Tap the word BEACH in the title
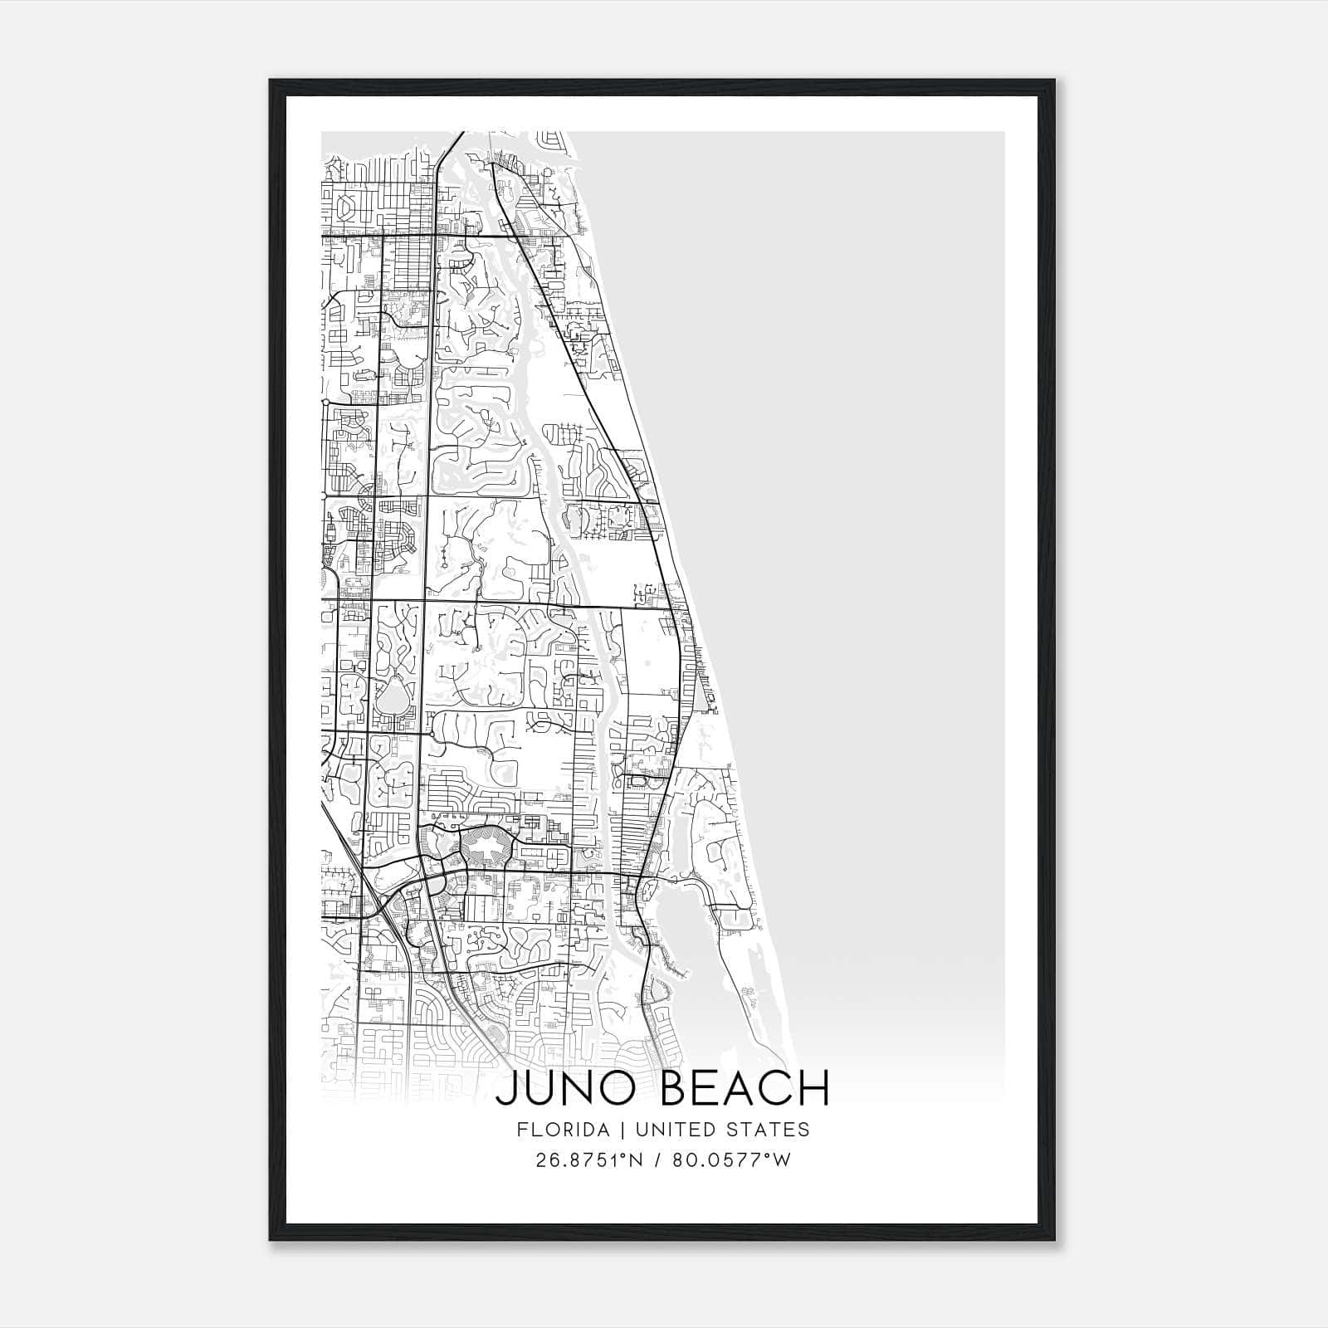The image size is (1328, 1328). [745, 1088]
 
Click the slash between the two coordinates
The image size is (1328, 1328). [658, 1160]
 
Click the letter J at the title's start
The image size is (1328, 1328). [506, 1088]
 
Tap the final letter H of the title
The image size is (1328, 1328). [816, 1088]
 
